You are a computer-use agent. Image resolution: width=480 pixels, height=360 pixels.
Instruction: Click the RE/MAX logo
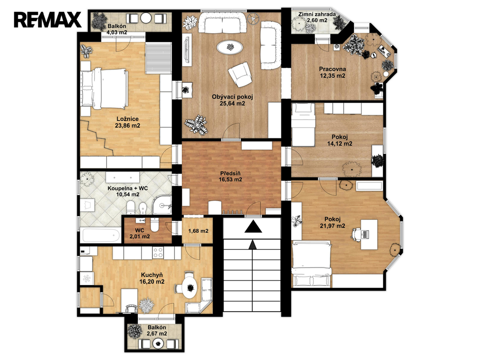pyautogui.click(x=47, y=19)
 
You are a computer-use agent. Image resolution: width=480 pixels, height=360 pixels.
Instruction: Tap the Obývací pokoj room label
pyautogui.click(x=232, y=97)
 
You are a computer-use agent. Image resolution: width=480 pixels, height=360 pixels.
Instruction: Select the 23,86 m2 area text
pyautogui.click(x=127, y=126)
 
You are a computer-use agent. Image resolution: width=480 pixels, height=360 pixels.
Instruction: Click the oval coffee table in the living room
pyautogui.click(x=230, y=47)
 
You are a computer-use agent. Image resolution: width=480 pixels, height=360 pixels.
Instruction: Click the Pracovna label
pyautogui.click(x=332, y=69)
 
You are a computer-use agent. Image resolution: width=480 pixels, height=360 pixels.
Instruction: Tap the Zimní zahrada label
pyautogui.click(x=317, y=14)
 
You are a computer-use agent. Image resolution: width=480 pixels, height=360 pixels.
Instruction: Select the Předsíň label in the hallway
pyautogui.click(x=230, y=173)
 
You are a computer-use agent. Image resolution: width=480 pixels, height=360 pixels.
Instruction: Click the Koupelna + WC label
pyautogui.click(x=127, y=188)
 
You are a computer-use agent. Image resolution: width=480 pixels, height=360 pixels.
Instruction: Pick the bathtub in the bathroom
pyautogui.click(x=101, y=235)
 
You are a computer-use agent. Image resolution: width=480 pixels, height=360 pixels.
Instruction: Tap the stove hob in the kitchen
pyautogui.click(x=158, y=253)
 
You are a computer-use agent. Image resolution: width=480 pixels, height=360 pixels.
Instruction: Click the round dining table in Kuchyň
pyautogui.click(x=190, y=287)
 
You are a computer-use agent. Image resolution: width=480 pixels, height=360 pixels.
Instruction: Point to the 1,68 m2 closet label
pyautogui.click(x=198, y=231)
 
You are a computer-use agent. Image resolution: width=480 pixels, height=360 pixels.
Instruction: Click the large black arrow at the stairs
pyautogui.click(x=253, y=227)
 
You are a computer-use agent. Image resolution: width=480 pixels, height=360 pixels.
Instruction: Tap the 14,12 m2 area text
pyautogui.click(x=339, y=143)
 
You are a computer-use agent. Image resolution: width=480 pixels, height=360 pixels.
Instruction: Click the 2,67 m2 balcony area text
pyautogui.click(x=157, y=334)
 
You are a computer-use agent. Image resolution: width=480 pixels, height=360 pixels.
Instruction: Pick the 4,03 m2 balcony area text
pyautogui.click(x=117, y=32)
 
